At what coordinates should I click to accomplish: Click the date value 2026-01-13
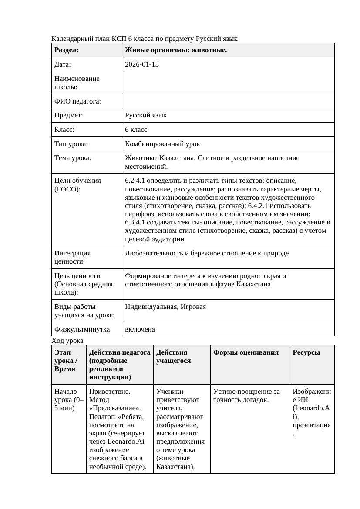pos(141,64)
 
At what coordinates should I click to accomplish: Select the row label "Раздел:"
pos(67,50)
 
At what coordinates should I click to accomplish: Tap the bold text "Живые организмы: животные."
pos(175,50)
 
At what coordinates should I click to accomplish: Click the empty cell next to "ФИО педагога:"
pos(228,101)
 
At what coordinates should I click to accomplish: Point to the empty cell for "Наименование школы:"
pos(228,83)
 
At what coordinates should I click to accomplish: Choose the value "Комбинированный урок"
pos(162,144)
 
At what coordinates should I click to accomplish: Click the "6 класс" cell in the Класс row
pos(136,130)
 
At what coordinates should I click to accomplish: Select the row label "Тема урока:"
pos(73,158)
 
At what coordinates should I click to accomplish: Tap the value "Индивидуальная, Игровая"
pos(165,307)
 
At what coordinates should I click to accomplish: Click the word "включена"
pos(140,329)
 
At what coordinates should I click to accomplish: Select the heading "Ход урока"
pos(67,341)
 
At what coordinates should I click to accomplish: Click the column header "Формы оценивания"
pos(246,352)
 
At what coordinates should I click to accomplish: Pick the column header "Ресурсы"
pos(306,352)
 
